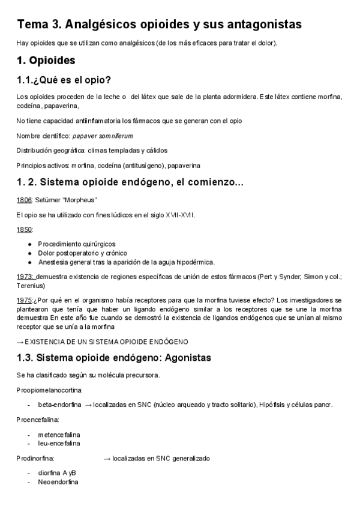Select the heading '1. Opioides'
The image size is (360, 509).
(x=46, y=60)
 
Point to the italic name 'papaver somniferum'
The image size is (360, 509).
(x=103, y=136)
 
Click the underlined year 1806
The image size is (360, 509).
(x=24, y=199)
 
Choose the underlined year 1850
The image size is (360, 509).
(x=24, y=229)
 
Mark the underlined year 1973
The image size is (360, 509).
(x=25, y=277)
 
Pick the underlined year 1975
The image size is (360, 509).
(x=25, y=300)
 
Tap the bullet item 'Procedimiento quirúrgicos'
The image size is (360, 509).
(x=77, y=244)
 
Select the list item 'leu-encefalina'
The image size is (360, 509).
(x=59, y=443)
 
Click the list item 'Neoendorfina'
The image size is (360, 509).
(x=58, y=481)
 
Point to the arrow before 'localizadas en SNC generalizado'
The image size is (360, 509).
(x=107, y=458)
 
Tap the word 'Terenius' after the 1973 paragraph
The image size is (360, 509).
(x=30, y=286)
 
